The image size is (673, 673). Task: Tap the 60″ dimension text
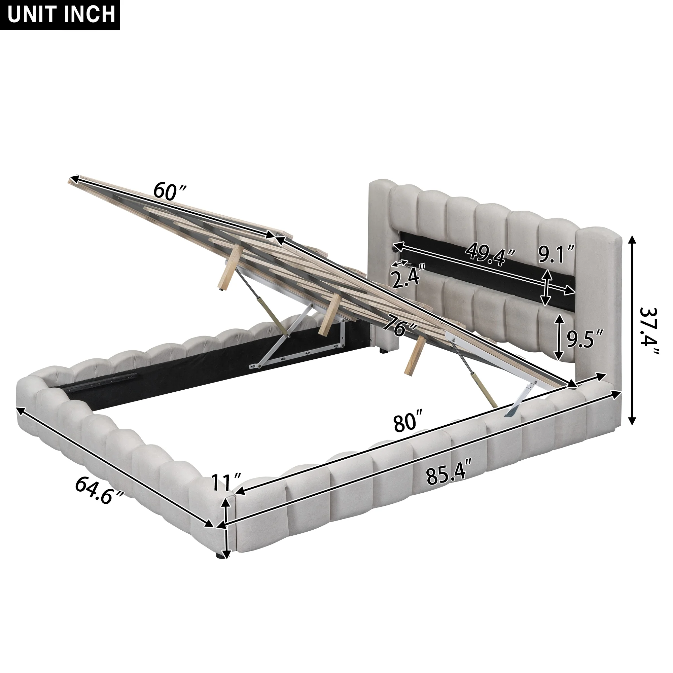[x=170, y=191]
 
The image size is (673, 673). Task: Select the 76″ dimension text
[x=400, y=326]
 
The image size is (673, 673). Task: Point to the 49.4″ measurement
[x=492, y=253]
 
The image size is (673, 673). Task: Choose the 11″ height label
[x=226, y=483]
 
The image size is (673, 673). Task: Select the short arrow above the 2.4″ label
[x=399, y=263]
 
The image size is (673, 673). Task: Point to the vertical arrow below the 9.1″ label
[x=546, y=288]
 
